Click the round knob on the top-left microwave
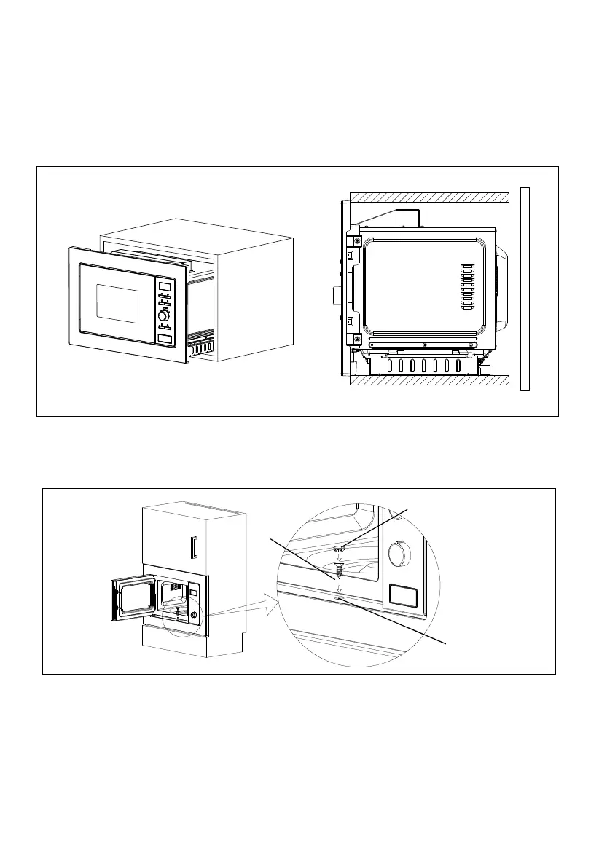click(163, 315)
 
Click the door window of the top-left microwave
click(117, 304)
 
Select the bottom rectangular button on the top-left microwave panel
click(165, 340)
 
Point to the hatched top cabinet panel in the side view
click(428, 197)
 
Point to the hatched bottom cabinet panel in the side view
click(428, 379)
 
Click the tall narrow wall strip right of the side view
click(525, 288)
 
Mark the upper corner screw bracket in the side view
click(356, 241)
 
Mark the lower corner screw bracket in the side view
click(356, 340)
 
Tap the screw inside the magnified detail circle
click(340, 566)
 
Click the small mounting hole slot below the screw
click(340, 597)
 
